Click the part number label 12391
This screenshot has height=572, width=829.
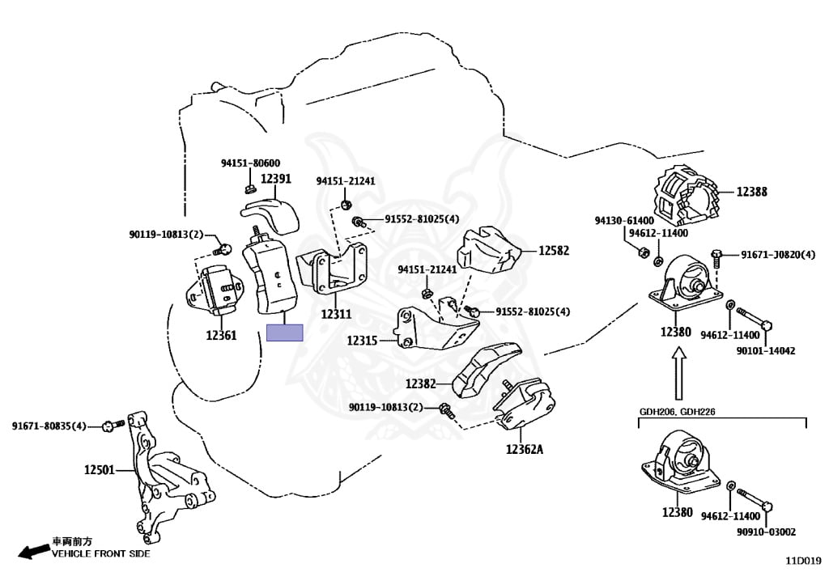(x=276, y=179)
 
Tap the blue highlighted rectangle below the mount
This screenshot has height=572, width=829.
(x=284, y=333)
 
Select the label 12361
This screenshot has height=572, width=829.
(x=221, y=335)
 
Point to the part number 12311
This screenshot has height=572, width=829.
(x=336, y=314)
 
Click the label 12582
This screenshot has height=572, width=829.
(x=554, y=250)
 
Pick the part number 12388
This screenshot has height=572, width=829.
(x=752, y=192)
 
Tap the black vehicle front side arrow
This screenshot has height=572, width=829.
(x=32, y=551)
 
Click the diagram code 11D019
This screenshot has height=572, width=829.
(x=803, y=561)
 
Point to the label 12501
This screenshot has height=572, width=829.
(x=100, y=469)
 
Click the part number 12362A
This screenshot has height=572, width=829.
(x=525, y=449)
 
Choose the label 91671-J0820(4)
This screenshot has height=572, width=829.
(x=778, y=255)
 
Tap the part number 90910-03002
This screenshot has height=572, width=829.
(x=766, y=532)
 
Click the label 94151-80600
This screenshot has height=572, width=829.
(x=251, y=163)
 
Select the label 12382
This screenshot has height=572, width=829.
(x=421, y=383)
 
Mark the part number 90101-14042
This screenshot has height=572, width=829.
(x=766, y=350)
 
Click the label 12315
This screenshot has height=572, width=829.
(x=362, y=341)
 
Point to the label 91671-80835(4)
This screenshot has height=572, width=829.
(x=49, y=426)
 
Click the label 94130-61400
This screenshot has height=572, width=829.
(x=624, y=220)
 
